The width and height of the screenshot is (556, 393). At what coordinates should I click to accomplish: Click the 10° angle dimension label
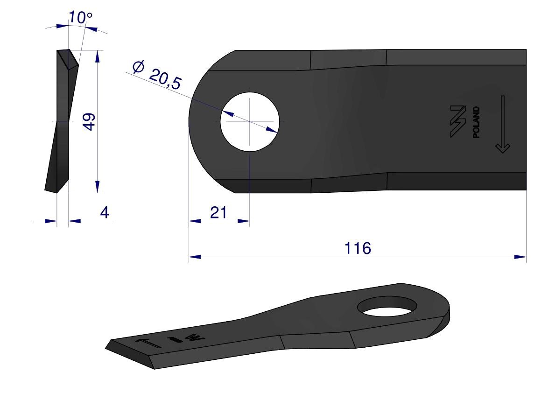click(x=80, y=17)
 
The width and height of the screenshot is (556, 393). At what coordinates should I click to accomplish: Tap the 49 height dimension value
click(x=89, y=122)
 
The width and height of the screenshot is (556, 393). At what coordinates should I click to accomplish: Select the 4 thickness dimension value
click(x=105, y=213)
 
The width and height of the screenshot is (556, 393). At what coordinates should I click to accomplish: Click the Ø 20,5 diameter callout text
click(x=157, y=75)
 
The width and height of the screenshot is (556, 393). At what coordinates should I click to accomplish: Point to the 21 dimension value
click(x=218, y=213)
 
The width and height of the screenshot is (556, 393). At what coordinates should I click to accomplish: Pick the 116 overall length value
click(x=358, y=248)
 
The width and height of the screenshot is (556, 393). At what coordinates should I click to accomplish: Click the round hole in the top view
click(x=250, y=121)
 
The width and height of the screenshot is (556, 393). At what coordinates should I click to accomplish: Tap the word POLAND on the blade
click(x=476, y=122)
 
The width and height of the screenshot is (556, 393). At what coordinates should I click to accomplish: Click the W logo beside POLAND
click(x=458, y=121)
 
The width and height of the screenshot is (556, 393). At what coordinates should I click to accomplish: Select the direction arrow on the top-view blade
click(x=502, y=124)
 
